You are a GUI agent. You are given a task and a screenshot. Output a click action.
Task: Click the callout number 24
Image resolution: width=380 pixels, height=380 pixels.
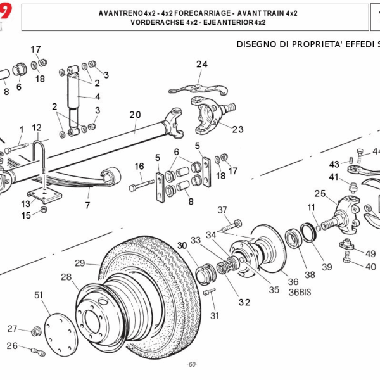click(x=201, y=64)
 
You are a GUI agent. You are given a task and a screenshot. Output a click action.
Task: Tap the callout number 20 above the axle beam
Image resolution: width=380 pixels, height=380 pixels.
click(x=134, y=115)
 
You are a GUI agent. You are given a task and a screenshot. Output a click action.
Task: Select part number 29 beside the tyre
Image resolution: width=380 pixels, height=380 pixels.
click(x=80, y=263)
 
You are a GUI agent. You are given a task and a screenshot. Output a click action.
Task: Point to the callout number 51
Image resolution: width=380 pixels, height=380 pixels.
click(x=39, y=294)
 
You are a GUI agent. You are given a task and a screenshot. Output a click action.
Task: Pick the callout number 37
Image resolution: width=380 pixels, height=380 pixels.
click(x=222, y=210)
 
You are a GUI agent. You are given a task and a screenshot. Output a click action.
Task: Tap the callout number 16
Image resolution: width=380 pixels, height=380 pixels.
click(x=139, y=166)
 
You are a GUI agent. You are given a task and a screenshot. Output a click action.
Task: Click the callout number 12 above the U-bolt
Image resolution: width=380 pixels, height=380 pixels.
click(x=37, y=127)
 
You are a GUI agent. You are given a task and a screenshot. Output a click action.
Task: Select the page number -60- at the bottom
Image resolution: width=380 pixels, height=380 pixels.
click(x=192, y=364)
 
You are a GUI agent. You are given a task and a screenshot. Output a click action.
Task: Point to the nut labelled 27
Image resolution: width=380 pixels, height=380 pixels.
click(x=36, y=330)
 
